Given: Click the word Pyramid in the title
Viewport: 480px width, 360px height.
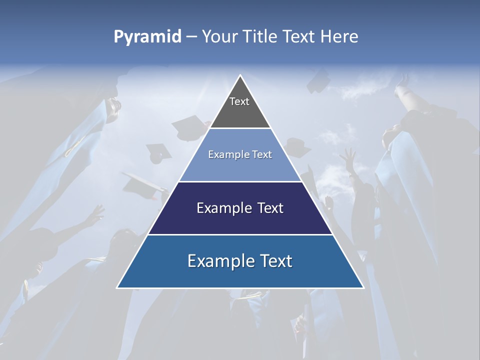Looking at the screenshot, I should (x=147, y=37).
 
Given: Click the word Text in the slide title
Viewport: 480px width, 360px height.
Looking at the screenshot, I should (x=300, y=37).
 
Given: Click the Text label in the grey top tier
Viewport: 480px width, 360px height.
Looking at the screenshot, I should (x=239, y=101).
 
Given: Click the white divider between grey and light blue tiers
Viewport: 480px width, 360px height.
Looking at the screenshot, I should (x=240, y=128).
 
